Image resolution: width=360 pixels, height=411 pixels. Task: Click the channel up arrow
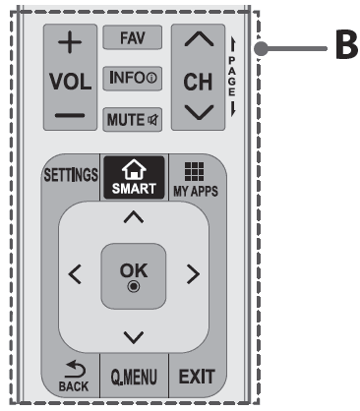[x=198, y=40]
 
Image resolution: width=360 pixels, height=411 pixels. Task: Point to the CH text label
[x=198, y=81]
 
